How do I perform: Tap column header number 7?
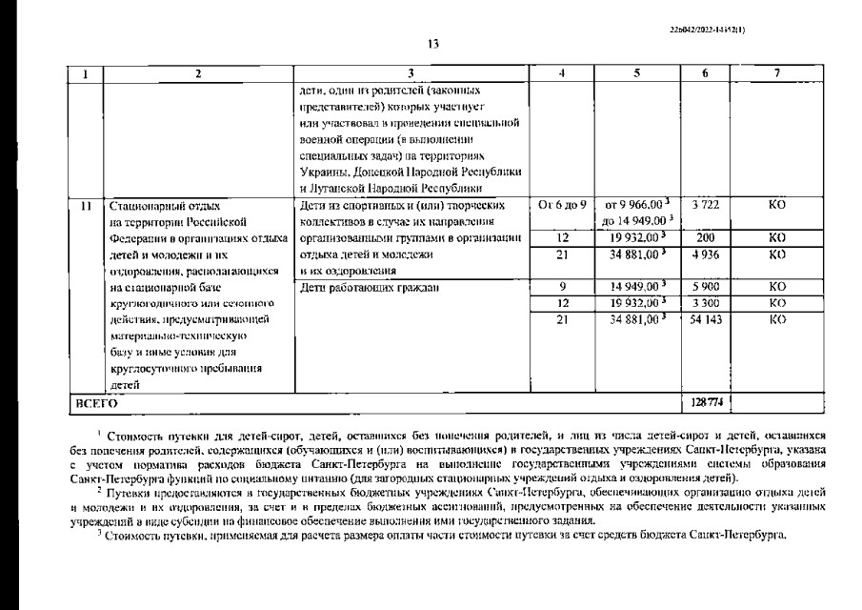[776, 71]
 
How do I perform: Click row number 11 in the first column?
[86, 204]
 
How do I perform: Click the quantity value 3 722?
[705, 204]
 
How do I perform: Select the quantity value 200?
[705, 237]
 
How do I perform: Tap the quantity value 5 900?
[705, 286]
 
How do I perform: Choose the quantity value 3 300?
[705, 302]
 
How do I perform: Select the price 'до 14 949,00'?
[632, 221]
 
